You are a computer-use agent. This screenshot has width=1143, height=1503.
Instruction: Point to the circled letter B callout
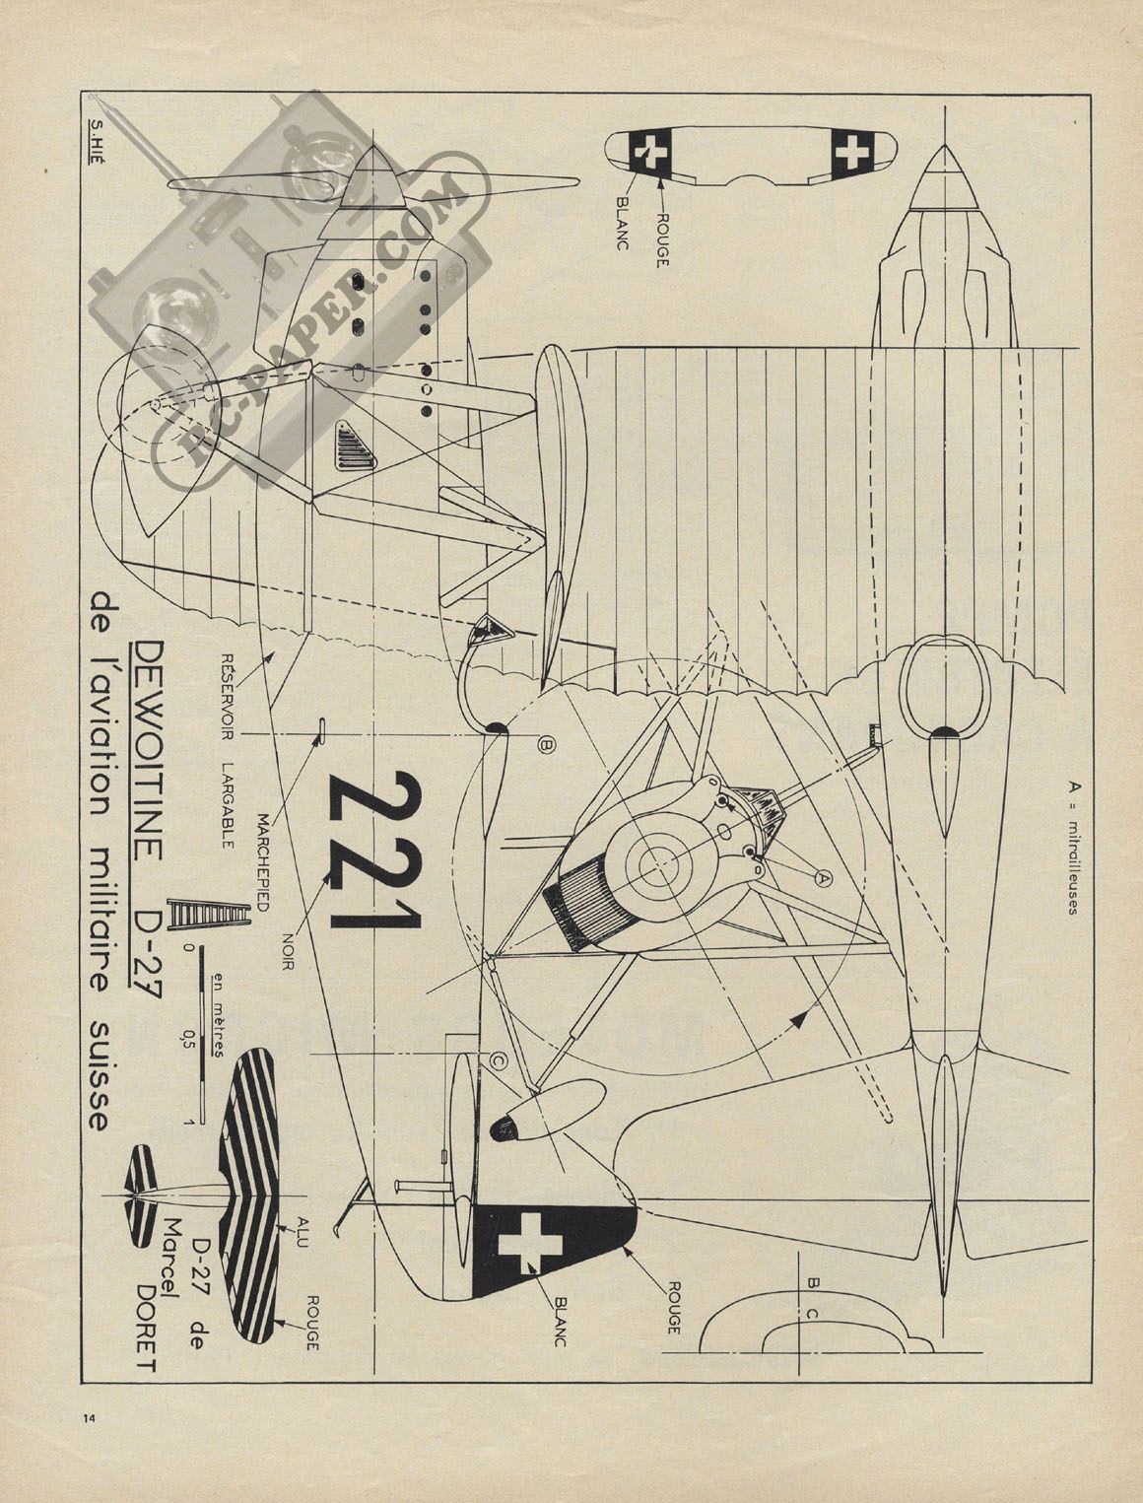547,745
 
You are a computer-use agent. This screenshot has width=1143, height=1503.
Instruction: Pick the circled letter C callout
499,1059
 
